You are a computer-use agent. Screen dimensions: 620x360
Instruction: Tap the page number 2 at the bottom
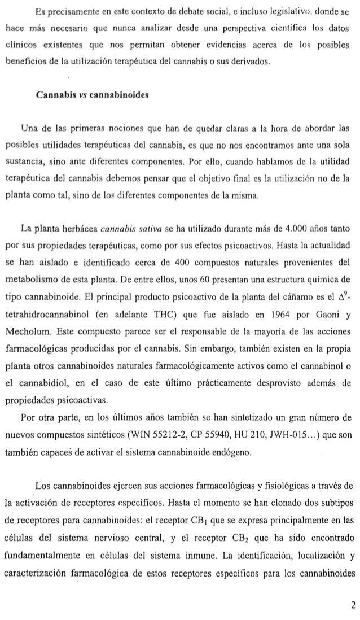[x=353, y=606]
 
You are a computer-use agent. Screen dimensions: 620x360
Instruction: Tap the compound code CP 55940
[x=210, y=451]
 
